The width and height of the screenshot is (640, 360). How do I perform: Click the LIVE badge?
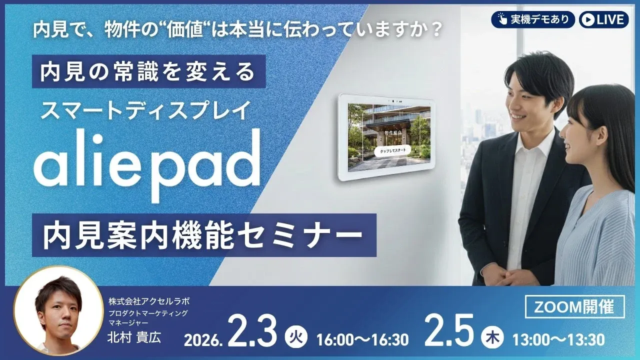click(x=604, y=19)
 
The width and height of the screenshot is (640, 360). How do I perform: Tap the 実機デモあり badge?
click(x=532, y=19)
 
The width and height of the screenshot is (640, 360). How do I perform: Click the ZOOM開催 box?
click(x=574, y=307)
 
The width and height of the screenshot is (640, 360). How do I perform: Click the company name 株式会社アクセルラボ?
click(x=149, y=301)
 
